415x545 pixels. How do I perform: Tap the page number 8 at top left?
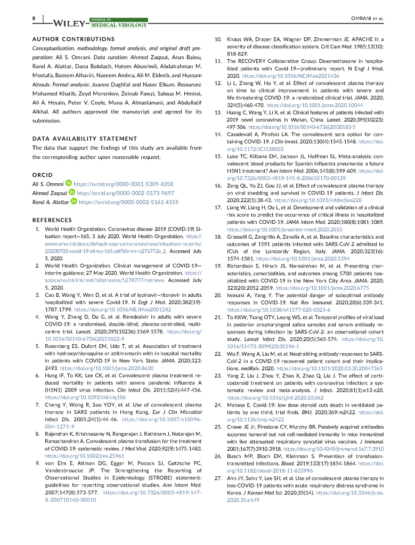coord(34,18)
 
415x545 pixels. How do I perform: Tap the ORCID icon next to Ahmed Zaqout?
coord(71,193)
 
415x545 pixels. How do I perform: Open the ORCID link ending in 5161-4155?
coord(128,202)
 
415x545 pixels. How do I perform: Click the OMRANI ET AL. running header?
coord(368,18)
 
